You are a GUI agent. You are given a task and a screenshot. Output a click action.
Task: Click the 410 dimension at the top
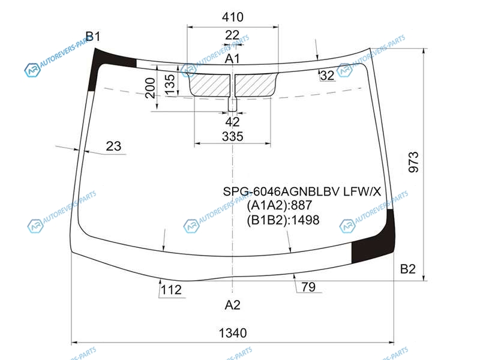click(233, 17)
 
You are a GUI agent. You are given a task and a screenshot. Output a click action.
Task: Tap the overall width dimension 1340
click(233, 333)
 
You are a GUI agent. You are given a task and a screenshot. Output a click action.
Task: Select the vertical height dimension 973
click(413, 162)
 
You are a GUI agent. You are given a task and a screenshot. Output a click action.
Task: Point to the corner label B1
click(93, 37)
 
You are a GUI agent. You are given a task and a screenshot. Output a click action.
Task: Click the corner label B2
click(408, 269)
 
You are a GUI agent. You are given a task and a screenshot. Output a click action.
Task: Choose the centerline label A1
click(232, 58)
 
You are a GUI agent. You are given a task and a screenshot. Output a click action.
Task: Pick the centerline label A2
click(232, 305)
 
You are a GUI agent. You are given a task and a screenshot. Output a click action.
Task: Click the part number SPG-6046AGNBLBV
click(281, 191)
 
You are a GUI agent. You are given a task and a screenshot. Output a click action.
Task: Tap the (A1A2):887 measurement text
click(279, 205)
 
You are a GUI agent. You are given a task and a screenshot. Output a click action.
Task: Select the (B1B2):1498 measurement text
click(283, 220)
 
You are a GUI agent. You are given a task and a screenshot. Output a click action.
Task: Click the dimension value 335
click(233, 136)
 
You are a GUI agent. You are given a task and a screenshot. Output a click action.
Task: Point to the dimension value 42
click(232, 122)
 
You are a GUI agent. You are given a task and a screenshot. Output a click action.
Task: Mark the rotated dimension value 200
click(150, 88)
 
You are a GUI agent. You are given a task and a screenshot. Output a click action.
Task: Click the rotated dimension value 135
click(170, 84)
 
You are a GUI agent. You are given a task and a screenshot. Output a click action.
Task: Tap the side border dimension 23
click(113, 146)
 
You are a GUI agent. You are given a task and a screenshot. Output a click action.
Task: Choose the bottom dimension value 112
click(172, 290)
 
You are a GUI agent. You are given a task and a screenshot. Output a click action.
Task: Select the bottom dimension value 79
click(308, 287)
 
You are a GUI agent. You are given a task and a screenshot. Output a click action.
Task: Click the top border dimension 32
click(327, 76)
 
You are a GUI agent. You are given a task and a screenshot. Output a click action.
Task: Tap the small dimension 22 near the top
click(232, 35)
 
